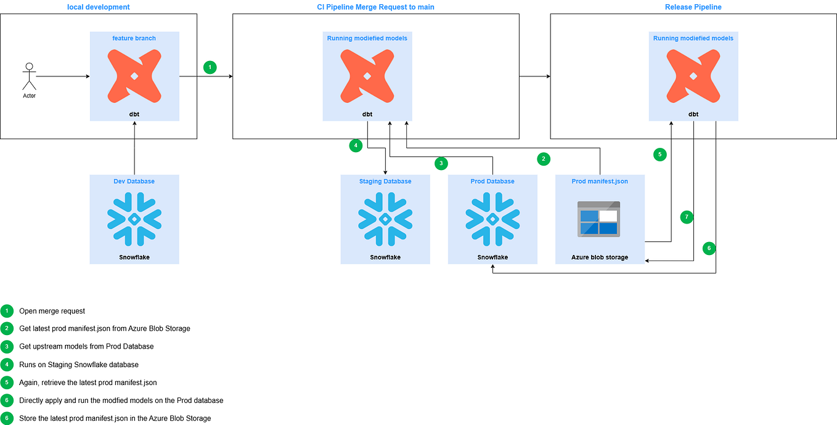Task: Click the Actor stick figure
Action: pos(29,77)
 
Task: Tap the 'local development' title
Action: pos(99,7)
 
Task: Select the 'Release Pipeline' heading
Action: pos(693,7)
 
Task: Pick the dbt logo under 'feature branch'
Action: pos(134,76)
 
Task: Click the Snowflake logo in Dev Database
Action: pos(134,219)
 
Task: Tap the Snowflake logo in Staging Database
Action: pos(385,219)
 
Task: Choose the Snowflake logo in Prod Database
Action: pos(492,219)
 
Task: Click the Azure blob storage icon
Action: pos(598,219)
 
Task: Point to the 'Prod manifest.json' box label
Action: pos(600,182)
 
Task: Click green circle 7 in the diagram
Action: pos(687,217)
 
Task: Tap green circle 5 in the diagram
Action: pos(660,155)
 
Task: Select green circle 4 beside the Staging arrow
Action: pos(355,146)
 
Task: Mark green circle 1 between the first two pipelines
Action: pos(210,67)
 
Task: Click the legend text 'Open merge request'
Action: pos(52,311)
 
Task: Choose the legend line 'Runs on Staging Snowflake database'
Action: pos(79,365)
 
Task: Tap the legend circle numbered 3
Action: pos(7,347)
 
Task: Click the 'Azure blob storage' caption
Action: pos(600,257)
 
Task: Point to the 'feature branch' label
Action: pos(134,38)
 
